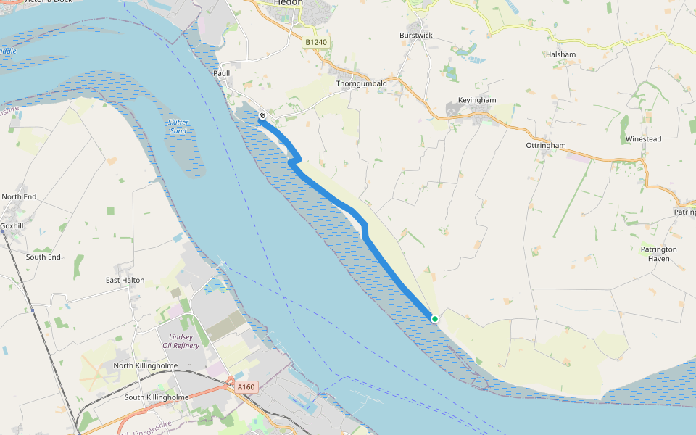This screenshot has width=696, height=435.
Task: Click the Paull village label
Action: (x=221, y=73)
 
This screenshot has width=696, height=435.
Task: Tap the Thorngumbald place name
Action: (x=361, y=83)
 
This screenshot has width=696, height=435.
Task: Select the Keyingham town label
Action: (x=477, y=100)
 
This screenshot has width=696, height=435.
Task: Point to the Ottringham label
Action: (x=545, y=145)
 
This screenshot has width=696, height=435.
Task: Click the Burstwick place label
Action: (x=415, y=35)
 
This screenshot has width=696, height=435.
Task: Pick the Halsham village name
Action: (x=561, y=54)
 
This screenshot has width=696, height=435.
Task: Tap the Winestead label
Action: (x=643, y=138)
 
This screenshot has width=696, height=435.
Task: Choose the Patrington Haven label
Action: (x=658, y=254)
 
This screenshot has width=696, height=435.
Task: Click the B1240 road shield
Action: (x=316, y=43)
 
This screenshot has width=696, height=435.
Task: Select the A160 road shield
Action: (x=246, y=387)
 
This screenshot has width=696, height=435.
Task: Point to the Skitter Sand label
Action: (x=178, y=127)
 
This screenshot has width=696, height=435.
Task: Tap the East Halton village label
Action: (x=125, y=280)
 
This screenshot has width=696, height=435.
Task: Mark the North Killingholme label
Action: (x=145, y=365)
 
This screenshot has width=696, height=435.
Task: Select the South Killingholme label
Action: (x=157, y=397)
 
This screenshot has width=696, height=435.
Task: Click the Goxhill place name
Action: (x=12, y=225)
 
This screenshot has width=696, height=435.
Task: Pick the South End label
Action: (x=43, y=257)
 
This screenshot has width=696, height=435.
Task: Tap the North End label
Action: (x=19, y=196)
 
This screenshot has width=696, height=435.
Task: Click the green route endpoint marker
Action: (x=434, y=318)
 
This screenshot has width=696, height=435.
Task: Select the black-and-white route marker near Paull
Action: (x=262, y=115)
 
